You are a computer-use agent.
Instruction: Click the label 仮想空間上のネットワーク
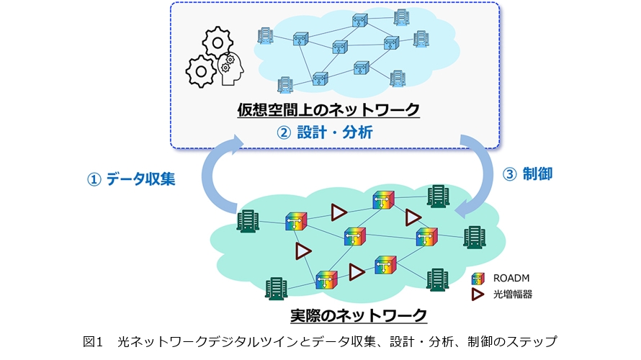[x=328, y=110]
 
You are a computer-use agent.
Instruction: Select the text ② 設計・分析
[x=328, y=132]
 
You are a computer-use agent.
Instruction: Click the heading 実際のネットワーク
[x=358, y=315]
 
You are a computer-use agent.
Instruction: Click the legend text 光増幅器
[x=512, y=294]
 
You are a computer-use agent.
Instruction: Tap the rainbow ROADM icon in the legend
[x=478, y=278]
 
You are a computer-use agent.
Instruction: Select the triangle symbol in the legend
[x=478, y=294]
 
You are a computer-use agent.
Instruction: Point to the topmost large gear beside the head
[x=217, y=42]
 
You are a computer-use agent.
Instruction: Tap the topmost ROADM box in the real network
[x=383, y=201]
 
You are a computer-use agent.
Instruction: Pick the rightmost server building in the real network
[x=474, y=237]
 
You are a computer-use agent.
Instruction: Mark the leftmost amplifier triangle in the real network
[x=304, y=251]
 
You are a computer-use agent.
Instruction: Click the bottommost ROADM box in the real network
[x=326, y=280]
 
